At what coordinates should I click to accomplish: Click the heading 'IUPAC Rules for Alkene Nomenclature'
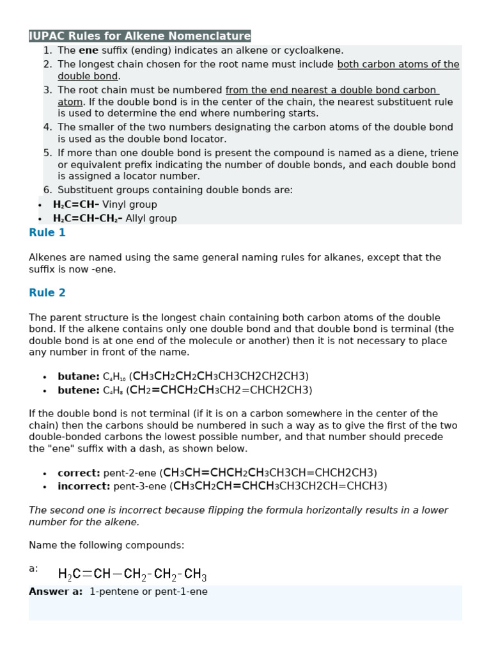(x=140, y=36)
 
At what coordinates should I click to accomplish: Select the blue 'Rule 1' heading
(x=47, y=233)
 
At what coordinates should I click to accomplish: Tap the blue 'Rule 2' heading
(x=47, y=293)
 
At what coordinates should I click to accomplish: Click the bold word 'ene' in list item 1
(x=88, y=51)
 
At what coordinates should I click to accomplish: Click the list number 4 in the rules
(x=48, y=127)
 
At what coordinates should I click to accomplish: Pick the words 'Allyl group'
(x=151, y=219)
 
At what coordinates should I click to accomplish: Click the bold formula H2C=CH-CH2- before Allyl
(x=88, y=219)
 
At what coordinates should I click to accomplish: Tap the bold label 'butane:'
(x=79, y=376)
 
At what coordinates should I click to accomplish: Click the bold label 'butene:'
(x=79, y=390)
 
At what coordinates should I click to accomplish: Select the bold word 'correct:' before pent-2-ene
(x=79, y=473)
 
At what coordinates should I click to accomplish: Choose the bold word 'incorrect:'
(x=84, y=486)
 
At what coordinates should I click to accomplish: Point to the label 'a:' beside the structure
(x=33, y=568)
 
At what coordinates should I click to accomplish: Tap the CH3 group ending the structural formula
(x=195, y=574)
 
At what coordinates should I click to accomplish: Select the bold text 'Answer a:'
(x=56, y=592)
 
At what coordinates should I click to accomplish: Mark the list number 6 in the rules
(x=48, y=190)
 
